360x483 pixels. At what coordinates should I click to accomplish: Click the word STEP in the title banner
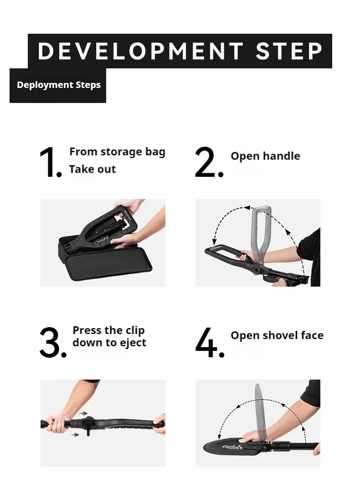289,51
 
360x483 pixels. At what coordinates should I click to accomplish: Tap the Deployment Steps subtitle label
58,85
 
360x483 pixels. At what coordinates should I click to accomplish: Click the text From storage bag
117,152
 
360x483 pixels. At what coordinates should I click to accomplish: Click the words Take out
93,170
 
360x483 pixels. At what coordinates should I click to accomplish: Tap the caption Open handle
265,156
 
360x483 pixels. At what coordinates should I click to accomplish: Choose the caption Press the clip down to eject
109,337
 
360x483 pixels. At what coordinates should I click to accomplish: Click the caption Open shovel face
277,336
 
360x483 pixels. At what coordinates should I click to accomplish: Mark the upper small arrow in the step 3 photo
83,413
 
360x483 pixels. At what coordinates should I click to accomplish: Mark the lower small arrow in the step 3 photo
74,435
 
